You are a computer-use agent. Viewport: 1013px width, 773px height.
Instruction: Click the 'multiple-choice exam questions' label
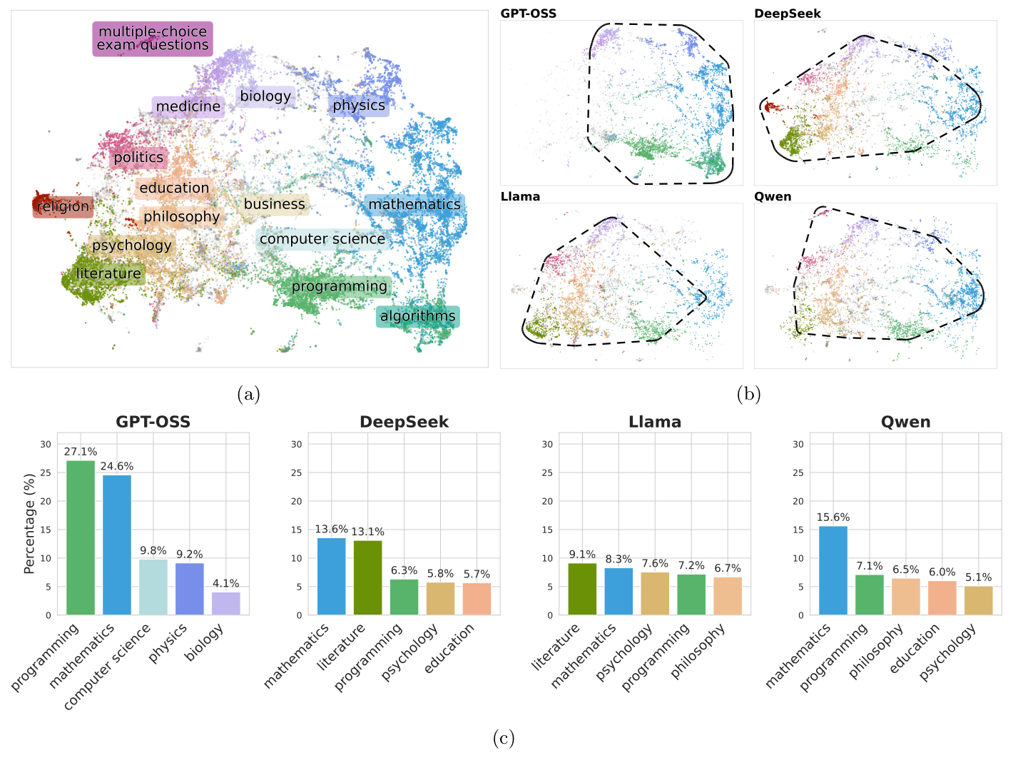point(153,39)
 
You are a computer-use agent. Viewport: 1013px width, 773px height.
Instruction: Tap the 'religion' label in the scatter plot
point(63,207)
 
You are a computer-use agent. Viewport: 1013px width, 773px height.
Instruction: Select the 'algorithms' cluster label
point(417,316)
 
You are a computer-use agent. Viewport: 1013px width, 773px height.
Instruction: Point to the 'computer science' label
point(322,239)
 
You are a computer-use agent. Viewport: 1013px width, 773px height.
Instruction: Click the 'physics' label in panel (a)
point(359,106)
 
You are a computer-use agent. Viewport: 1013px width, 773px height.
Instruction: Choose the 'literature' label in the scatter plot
point(108,273)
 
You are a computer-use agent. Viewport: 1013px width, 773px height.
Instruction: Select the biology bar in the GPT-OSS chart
point(226,603)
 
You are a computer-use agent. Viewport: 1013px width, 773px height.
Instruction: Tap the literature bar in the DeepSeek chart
point(368,577)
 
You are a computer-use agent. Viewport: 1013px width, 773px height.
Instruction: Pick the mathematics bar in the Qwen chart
point(833,570)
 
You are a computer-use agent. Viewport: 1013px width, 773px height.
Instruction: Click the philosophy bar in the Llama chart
point(728,596)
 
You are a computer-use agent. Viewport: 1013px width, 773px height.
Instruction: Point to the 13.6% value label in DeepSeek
point(331,530)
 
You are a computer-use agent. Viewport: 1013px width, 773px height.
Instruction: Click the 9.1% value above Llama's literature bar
point(582,555)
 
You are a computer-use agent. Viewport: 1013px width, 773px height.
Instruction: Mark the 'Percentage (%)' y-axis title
point(29,523)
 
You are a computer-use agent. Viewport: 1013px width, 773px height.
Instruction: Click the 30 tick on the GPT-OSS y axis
point(46,444)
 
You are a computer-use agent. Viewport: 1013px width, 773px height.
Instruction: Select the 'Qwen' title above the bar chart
point(905,422)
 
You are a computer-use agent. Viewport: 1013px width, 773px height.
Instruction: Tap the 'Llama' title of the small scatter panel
point(520,197)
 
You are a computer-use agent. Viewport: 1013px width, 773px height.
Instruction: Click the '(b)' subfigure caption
point(748,394)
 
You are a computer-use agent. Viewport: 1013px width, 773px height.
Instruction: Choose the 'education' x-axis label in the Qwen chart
point(915,649)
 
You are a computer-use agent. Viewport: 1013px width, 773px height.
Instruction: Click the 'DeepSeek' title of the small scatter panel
point(788,14)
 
